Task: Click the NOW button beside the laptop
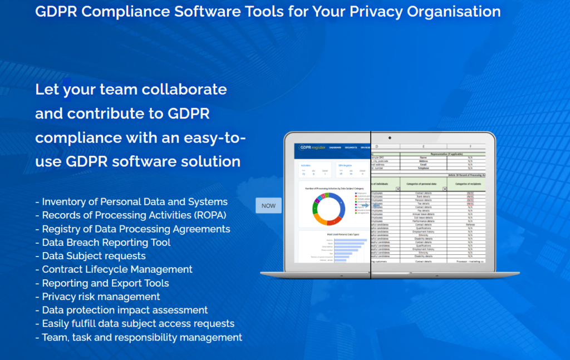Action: (x=268, y=206)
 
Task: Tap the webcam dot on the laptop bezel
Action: (x=389, y=137)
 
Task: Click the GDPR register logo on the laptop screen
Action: (x=310, y=147)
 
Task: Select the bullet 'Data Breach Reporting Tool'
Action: (x=106, y=243)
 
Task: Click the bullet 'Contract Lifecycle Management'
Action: (x=117, y=269)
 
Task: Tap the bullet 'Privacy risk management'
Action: (x=101, y=297)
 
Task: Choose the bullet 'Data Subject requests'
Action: (x=94, y=256)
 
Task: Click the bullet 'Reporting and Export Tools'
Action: (x=105, y=283)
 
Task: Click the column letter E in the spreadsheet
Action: (x=422, y=147)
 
